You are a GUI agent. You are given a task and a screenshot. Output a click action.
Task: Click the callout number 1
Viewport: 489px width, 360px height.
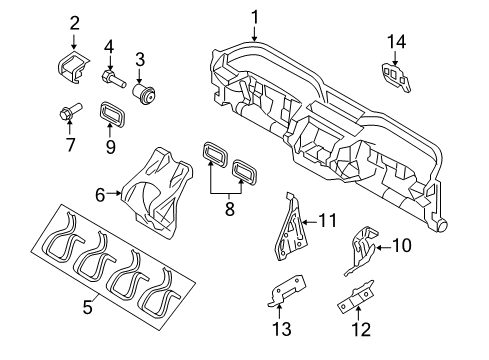pyautogui.click(x=254, y=15)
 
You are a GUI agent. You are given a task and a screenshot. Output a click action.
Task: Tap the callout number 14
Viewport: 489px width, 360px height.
pyautogui.click(x=397, y=41)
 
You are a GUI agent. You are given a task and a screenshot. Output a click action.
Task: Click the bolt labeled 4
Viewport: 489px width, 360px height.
pyautogui.click(x=111, y=75)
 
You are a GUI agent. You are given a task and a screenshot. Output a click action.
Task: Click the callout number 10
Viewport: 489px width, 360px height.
pyautogui.click(x=400, y=272)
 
